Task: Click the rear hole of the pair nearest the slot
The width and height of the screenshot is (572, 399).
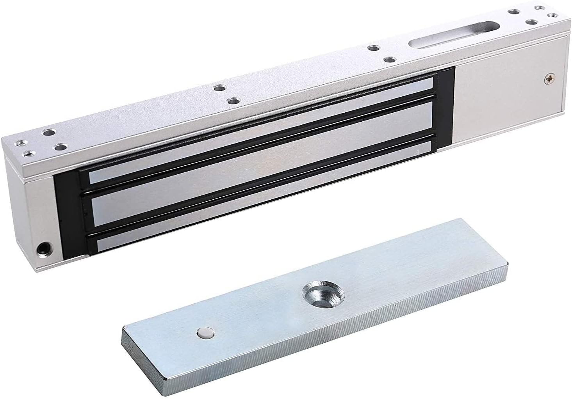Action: (374, 49)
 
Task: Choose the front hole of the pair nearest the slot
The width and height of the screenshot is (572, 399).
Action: (388, 60)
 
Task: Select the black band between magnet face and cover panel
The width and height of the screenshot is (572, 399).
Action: (445, 109)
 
